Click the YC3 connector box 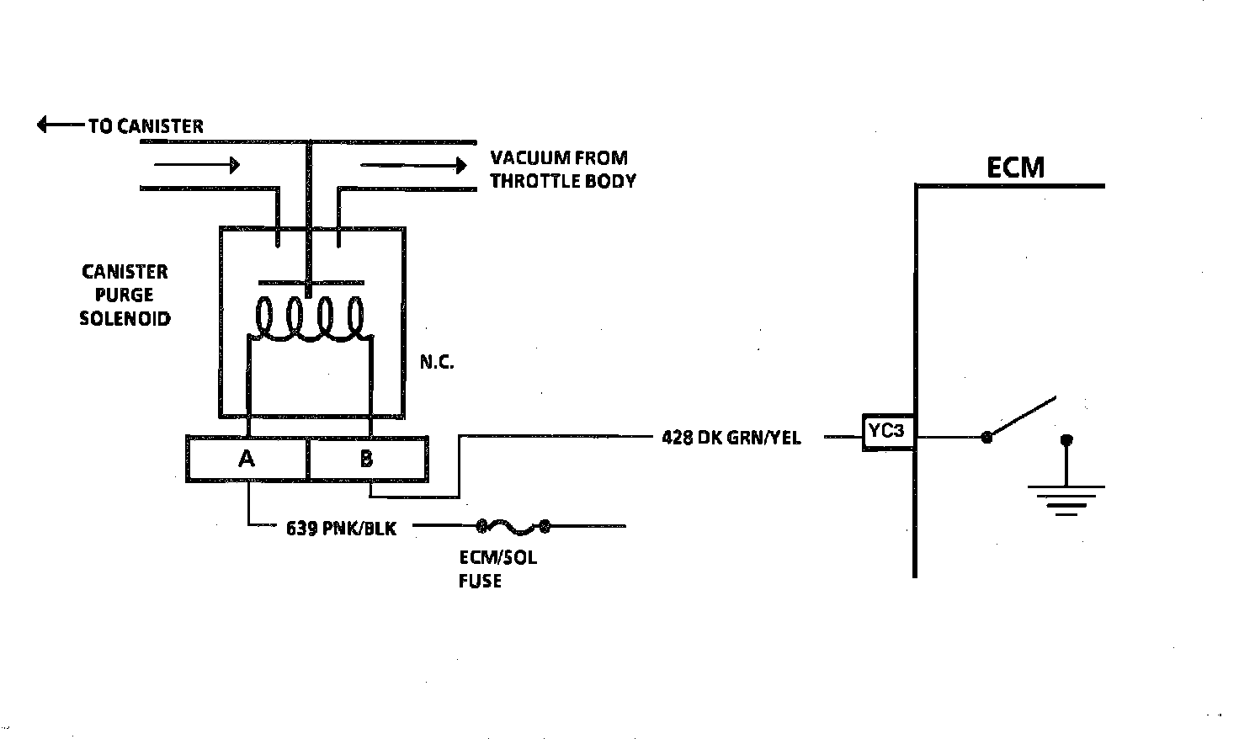pos(887,433)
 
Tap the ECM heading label pos(1015,167)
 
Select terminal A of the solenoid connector pos(247,459)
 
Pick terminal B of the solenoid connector pos(367,459)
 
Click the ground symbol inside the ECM pos(1066,499)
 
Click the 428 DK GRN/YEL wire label pos(731,438)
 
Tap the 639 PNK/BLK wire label pos(341,529)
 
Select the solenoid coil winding pos(311,320)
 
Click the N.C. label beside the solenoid pos(437,364)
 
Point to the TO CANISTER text pos(146,126)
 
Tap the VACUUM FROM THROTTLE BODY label pos(562,169)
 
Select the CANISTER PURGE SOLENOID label pos(125,295)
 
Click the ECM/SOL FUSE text pos(497,569)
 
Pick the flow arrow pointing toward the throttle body pos(412,166)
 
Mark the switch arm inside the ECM pos(1022,417)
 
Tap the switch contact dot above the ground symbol pos(1066,439)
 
